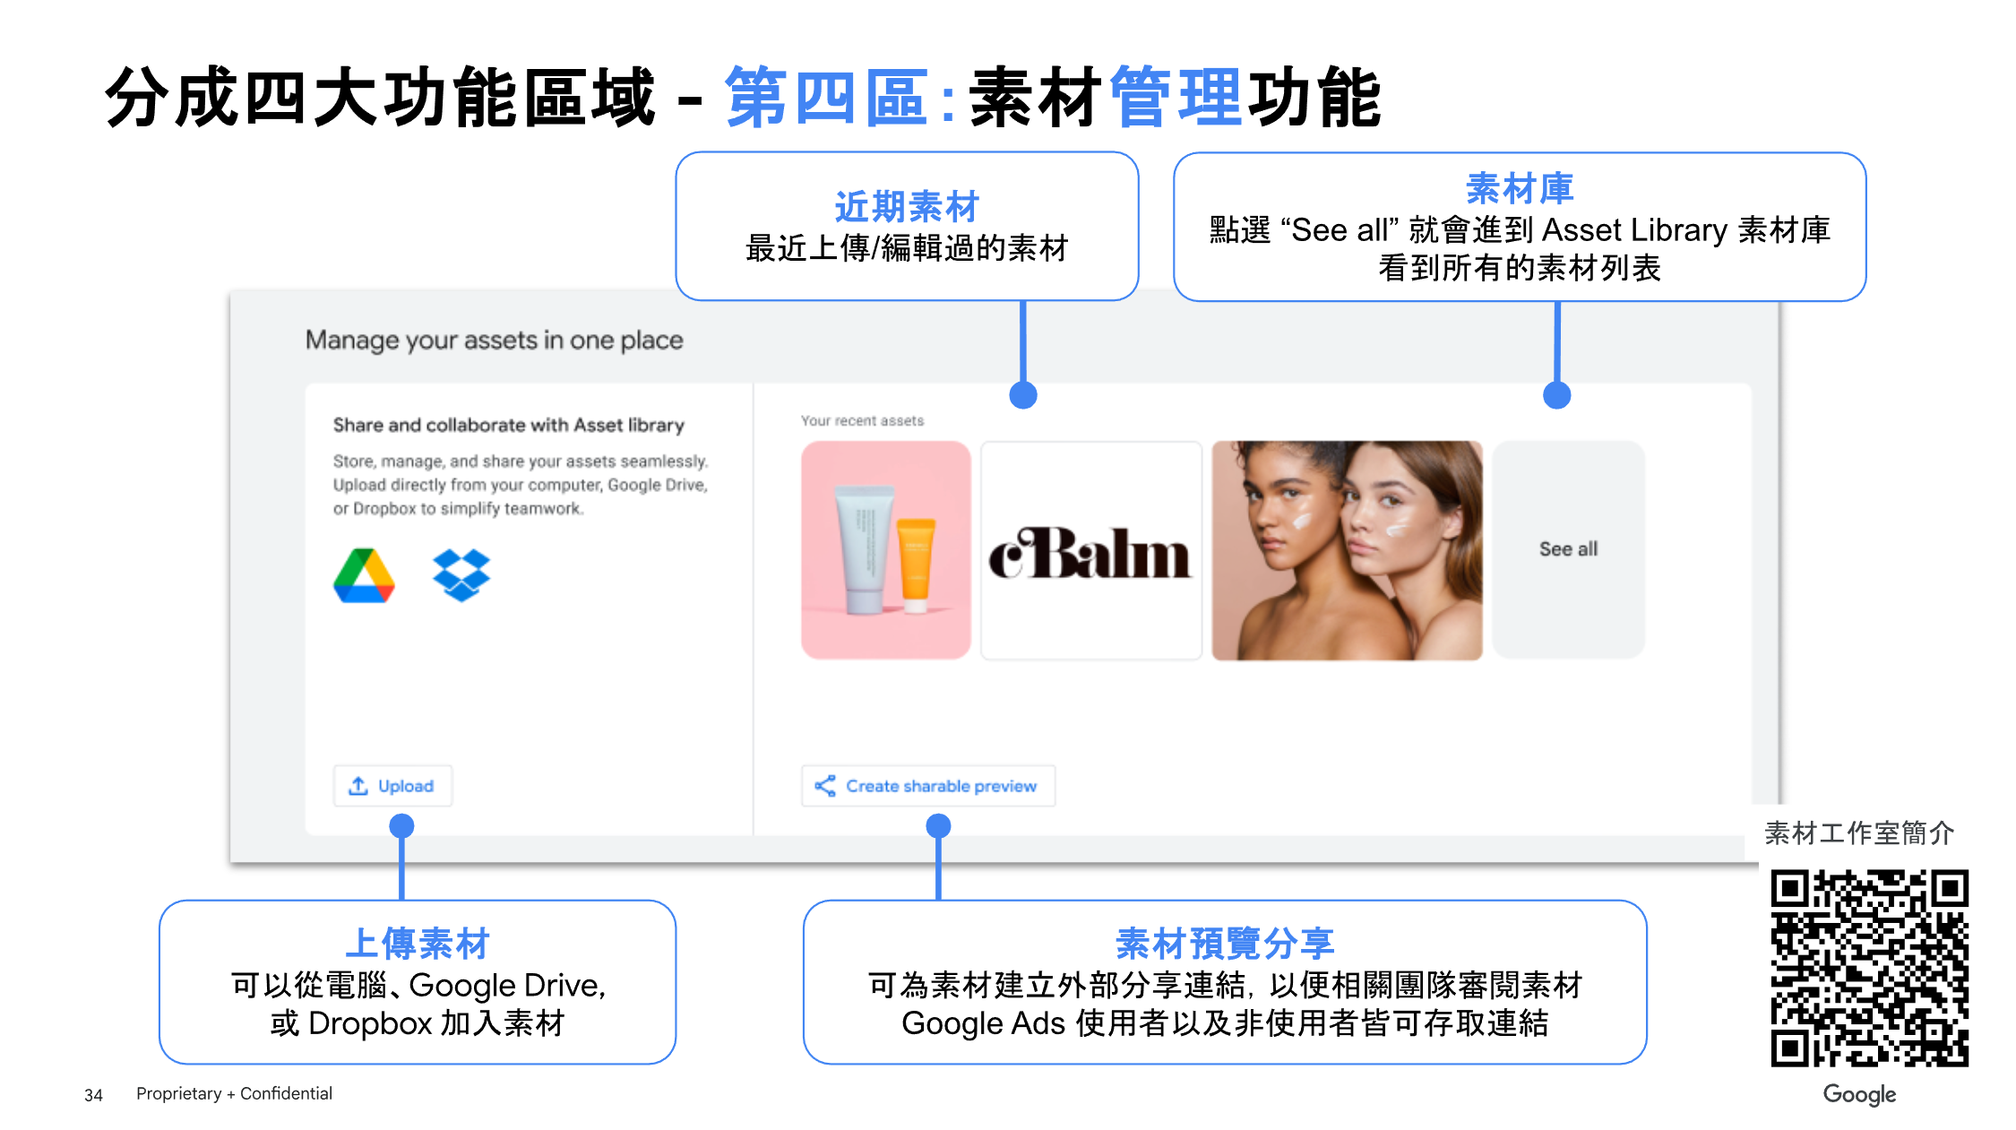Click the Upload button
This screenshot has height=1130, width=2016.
[392, 786]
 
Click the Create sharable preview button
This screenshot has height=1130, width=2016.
[928, 786]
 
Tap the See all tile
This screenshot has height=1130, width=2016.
[1568, 549]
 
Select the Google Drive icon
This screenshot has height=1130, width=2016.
[364, 575]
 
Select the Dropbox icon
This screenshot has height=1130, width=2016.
[461, 575]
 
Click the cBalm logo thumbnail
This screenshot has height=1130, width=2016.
[1090, 551]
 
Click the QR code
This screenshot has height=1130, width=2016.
[1869, 968]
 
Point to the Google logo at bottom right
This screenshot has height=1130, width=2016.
[1859, 1094]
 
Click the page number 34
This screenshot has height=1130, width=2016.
[93, 1095]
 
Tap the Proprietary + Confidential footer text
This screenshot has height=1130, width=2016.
[234, 1093]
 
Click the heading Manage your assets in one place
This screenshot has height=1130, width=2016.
[494, 341]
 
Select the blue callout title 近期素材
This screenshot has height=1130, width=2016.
[907, 207]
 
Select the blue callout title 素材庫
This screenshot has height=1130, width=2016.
[1520, 188]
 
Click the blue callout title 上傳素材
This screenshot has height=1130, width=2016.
[418, 944]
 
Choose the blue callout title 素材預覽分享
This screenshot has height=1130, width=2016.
[1225, 944]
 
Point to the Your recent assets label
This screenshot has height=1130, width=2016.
[862, 421]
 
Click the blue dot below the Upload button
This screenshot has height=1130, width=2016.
[401, 825]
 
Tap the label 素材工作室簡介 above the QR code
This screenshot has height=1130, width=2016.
[1859, 833]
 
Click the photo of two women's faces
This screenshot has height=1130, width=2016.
[1347, 551]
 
